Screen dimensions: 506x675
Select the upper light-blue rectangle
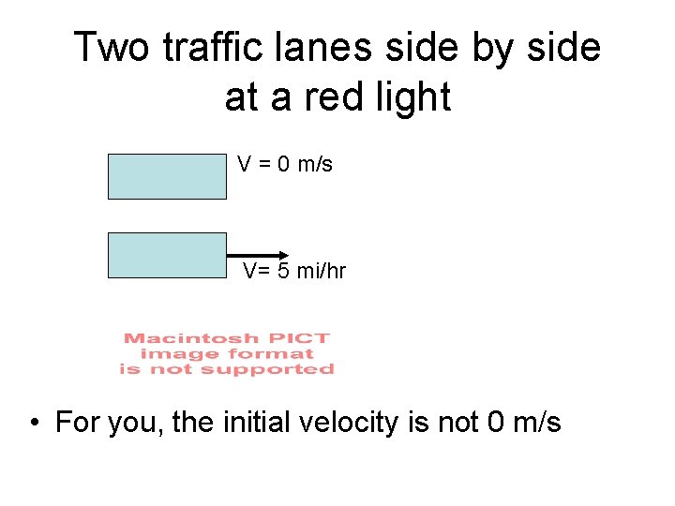(167, 176)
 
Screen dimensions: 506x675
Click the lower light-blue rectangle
(167, 255)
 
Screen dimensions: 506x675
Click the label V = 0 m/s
(285, 165)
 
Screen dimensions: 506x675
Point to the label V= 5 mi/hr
(294, 272)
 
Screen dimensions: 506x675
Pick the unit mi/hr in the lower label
(321, 272)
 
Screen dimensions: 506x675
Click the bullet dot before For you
(34, 424)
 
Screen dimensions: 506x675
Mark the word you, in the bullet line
(137, 424)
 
